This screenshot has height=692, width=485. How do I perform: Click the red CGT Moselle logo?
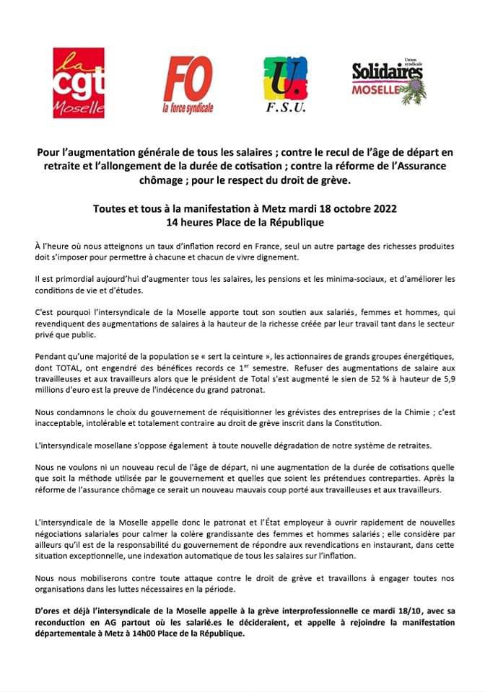[x=79, y=83]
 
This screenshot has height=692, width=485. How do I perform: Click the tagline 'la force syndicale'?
[x=188, y=109]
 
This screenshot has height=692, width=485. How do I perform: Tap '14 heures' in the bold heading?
[x=188, y=222]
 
